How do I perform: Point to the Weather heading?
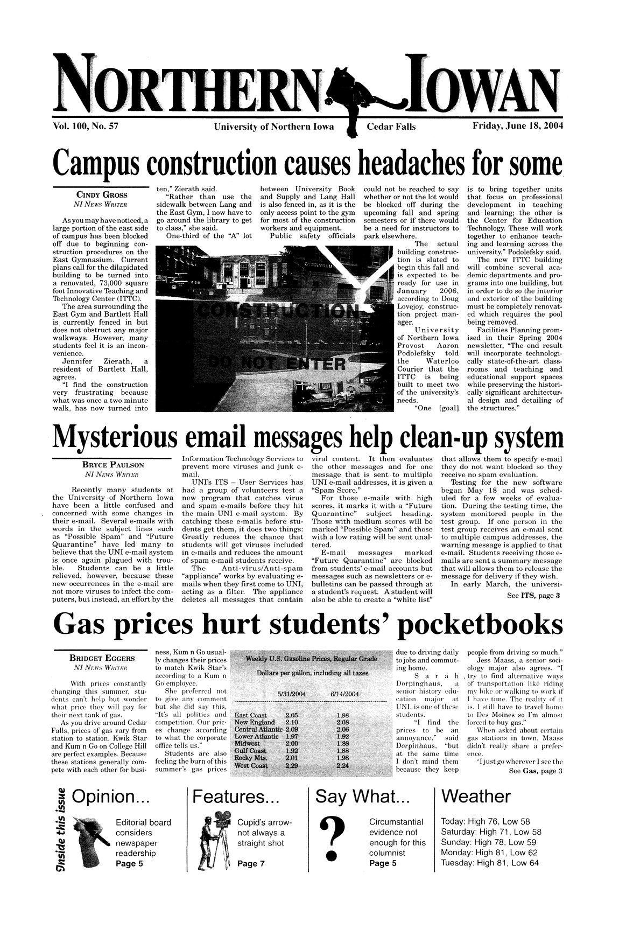(475, 797)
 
